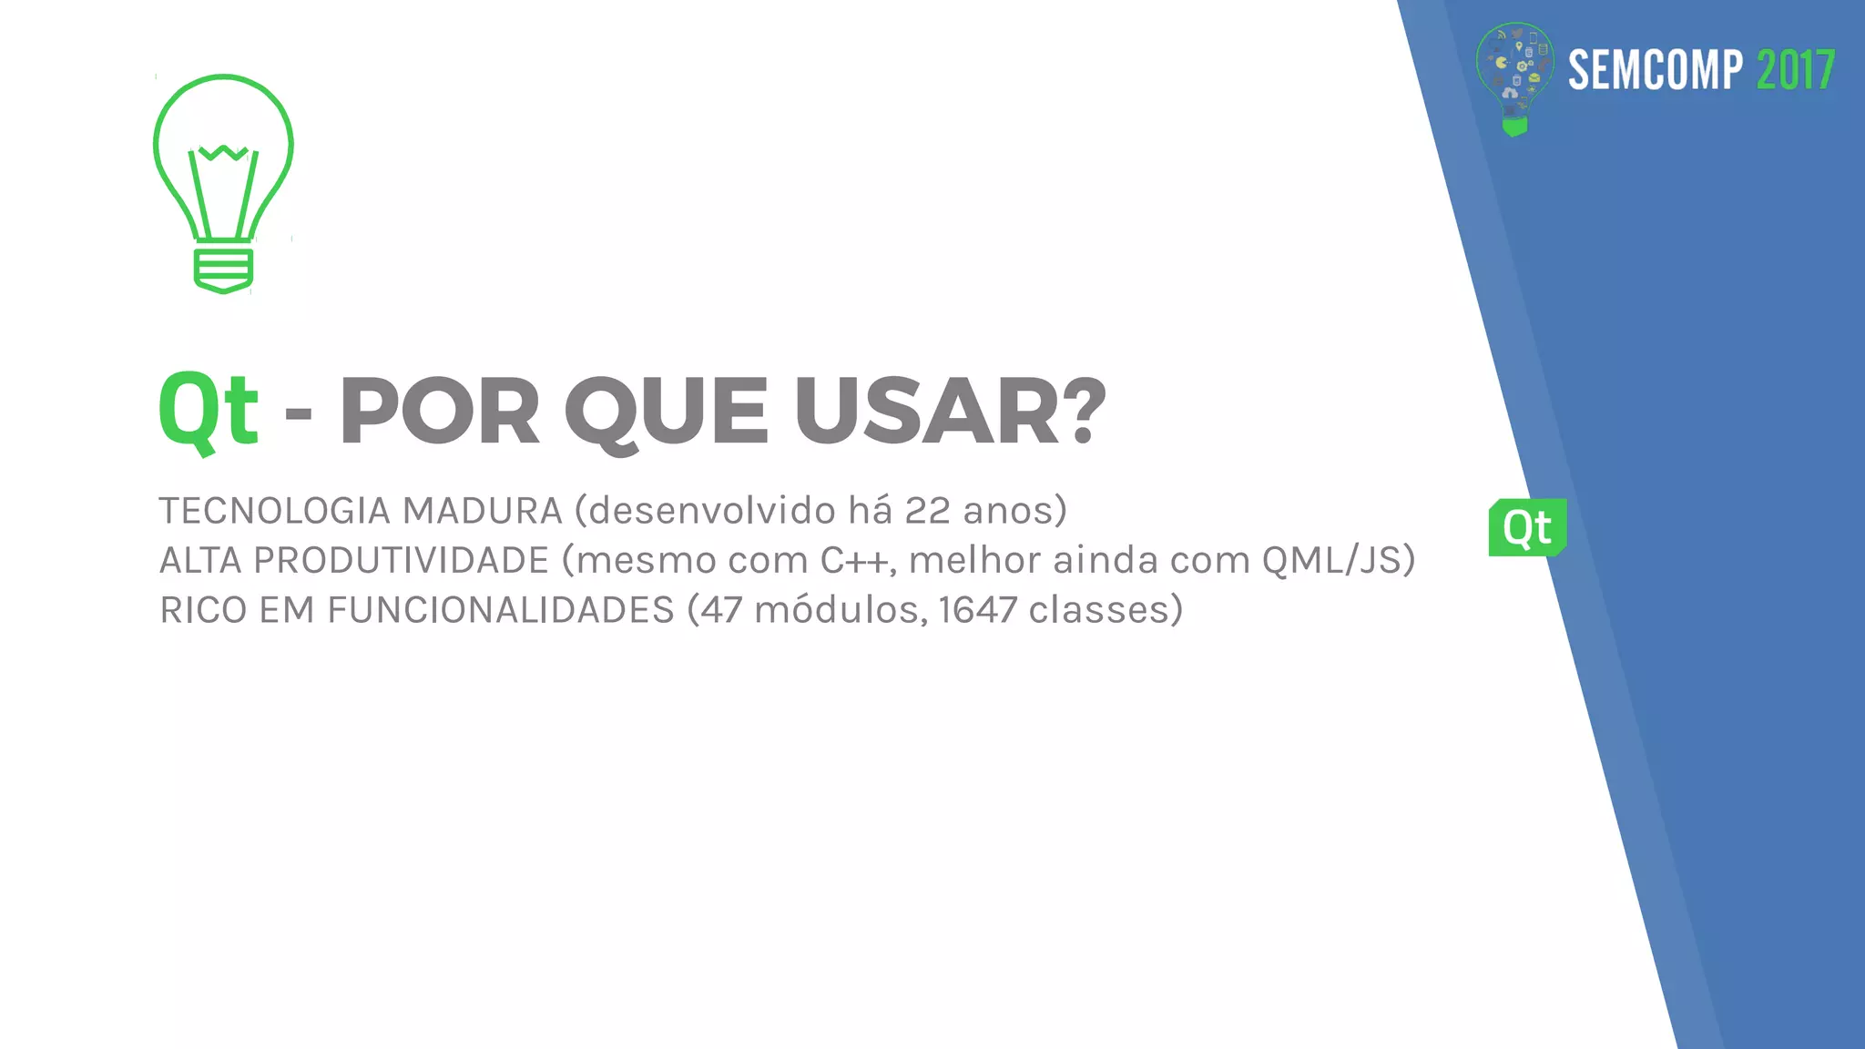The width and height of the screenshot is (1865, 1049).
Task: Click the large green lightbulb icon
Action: (223, 182)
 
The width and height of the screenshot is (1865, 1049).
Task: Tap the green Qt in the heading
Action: (209, 410)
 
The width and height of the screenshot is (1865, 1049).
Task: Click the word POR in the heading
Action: (440, 412)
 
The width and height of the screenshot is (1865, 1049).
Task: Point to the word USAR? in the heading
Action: (950, 412)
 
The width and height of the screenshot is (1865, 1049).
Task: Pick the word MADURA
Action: (483, 511)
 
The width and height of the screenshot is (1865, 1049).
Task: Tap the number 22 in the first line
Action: (927, 511)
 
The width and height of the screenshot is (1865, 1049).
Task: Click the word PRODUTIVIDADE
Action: (401, 560)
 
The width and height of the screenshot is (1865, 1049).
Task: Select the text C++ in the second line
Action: (853, 560)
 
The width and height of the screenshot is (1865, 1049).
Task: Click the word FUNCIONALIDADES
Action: (501, 610)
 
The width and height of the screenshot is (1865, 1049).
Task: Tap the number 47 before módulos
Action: (721, 610)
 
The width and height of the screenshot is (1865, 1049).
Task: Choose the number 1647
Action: (977, 610)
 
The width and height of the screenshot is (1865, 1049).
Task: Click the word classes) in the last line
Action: (1106, 610)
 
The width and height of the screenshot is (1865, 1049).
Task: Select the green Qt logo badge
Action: (1527, 527)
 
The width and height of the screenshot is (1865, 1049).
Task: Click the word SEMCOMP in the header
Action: (1655, 70)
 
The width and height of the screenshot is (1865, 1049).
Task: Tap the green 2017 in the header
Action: (1795, 70)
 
